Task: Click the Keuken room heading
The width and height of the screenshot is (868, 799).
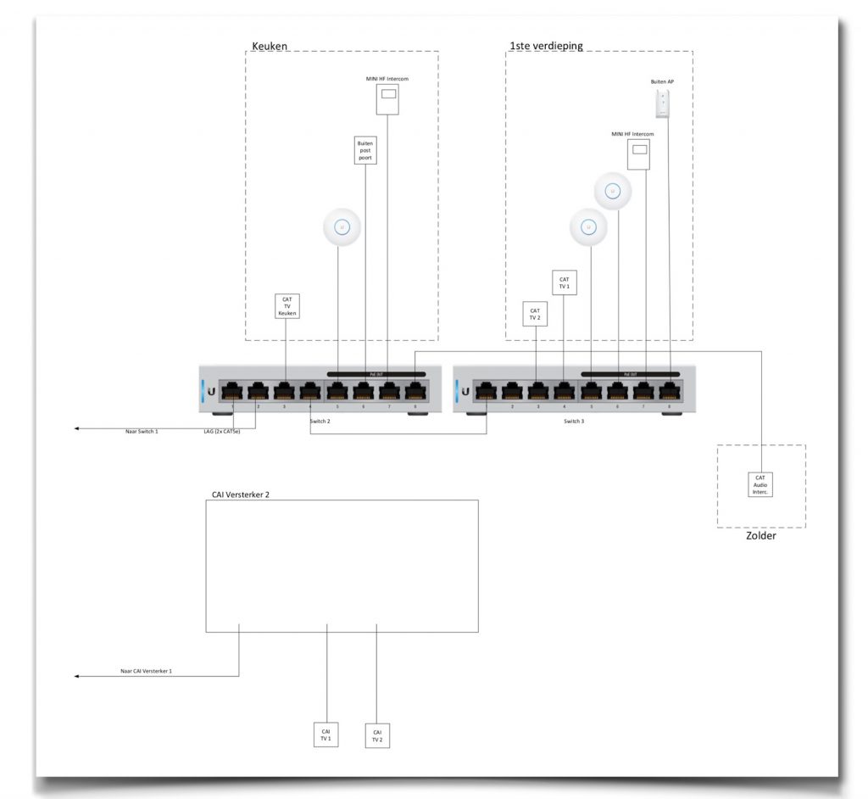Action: pos(270,45)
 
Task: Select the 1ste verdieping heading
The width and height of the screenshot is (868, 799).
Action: pos(546,45)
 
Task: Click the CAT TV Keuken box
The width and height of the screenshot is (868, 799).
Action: pos(287,306)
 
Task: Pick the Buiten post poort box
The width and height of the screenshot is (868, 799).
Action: pos(365,151)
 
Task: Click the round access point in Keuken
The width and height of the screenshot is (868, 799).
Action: pos(342,228)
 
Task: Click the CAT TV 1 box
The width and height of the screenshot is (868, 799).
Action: pos(565,283)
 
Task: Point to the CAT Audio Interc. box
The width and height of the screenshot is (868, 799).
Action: pos(760,484)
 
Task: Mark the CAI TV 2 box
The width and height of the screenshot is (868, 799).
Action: pos(377,735)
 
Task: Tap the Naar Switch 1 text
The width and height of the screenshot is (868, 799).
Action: pos(142,432)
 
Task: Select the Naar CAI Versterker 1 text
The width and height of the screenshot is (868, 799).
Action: pos(146,671)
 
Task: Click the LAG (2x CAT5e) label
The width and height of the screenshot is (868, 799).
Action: pos(220,432)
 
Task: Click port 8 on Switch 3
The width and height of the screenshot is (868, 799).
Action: pos(670,392)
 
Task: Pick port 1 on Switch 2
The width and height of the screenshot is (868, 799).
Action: pos(232,392)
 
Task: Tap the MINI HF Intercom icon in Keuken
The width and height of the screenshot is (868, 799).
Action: pos(388,101)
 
